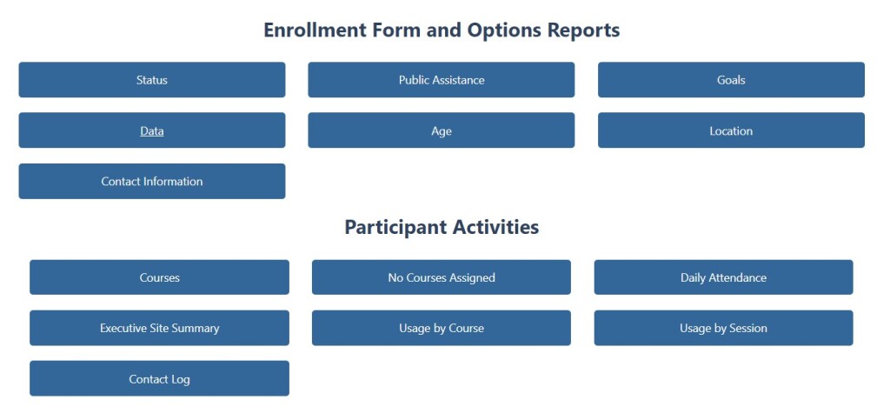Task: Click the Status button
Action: (x=151, y=79)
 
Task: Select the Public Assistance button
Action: (x=441, y=79)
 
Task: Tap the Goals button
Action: (x=731, y=79)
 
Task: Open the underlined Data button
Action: (x=151, y=130)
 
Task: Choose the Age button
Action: (x=441, y=130)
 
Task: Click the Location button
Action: (x=731, y=130)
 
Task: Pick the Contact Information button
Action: (x=151, y=181)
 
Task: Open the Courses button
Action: (x=160, y=277)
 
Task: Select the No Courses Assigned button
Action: (x=441, y=277)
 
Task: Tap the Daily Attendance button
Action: (x=724, y=277)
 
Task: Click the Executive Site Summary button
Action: (x=160, y=328)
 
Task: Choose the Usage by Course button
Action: (x=441, y=328)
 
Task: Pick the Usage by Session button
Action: (x=724, y=328)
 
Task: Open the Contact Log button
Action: (x=160, y=378)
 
